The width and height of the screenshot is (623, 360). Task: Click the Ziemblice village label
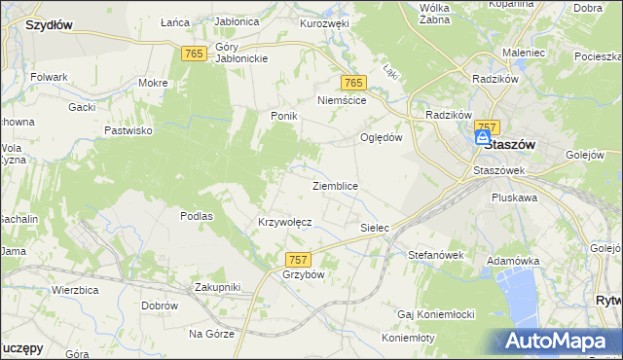335,186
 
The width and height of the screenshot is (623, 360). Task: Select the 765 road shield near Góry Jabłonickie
192,54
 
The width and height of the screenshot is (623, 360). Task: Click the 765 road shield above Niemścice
352,84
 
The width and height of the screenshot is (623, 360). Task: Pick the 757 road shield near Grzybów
299,259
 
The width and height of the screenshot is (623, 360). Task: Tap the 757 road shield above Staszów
488,127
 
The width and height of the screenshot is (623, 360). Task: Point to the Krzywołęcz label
284,222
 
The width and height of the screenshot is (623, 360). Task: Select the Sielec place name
375,228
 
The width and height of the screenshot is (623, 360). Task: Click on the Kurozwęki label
324,22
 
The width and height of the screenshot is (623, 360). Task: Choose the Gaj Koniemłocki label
435,314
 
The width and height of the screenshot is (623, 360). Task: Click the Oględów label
382,137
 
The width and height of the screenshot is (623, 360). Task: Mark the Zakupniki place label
216,287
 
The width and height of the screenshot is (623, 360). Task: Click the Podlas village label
197,216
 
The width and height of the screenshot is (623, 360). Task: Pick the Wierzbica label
78,290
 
